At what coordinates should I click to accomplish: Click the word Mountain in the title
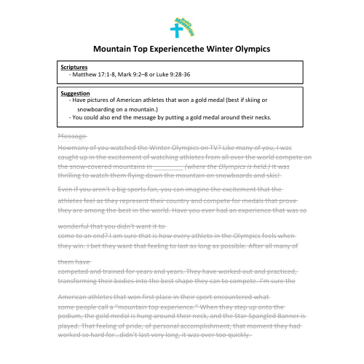click(x=117, y=49)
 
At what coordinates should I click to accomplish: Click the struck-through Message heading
click(x=71, y=135)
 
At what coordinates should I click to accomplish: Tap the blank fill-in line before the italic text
click(x=170, y=166)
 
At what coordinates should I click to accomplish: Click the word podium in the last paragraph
click(x=70, y=318)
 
